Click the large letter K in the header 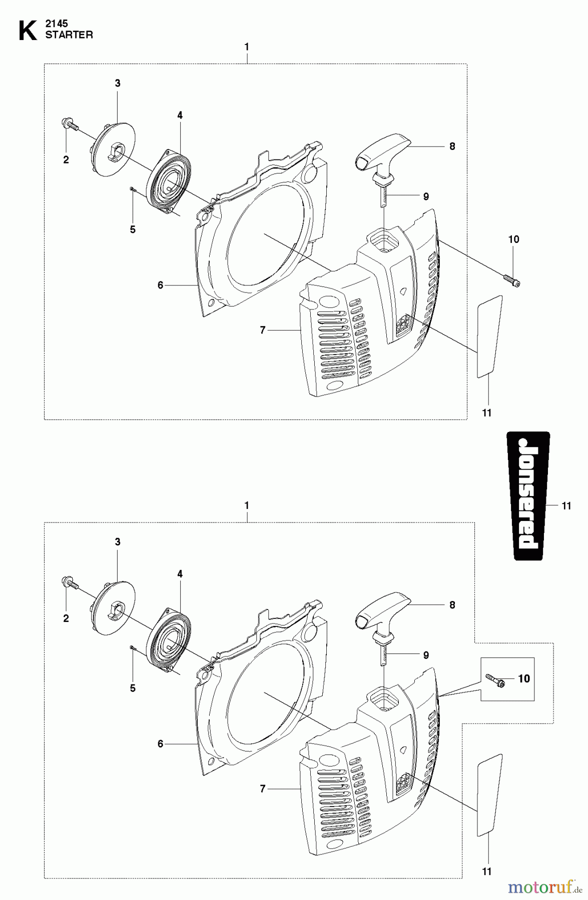28,30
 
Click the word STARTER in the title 69,35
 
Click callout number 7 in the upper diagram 263,330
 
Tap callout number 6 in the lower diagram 160,744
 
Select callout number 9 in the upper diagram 426,196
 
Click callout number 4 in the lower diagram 180,574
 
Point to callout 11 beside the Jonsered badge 566,506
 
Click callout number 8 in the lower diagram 452,605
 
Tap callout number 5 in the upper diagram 133,229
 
